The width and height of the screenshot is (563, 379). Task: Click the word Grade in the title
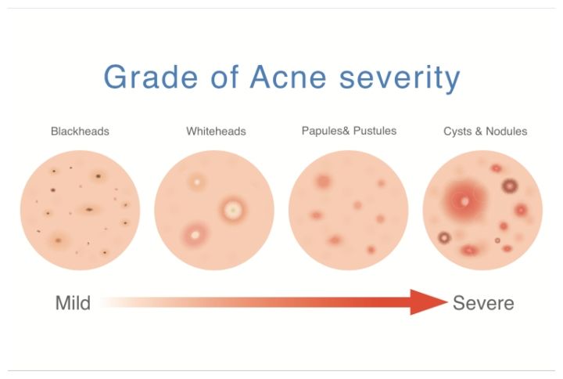click(x=151, y=77)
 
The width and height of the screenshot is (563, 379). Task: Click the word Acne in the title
click(x=288, y=77)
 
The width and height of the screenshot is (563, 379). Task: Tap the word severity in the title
click(x=400, y=79)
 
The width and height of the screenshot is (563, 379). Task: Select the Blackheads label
click(x=80, y=132)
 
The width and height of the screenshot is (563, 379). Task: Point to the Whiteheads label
click(x=216, y=132)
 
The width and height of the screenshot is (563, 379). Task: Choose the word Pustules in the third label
click(x=375, y=131)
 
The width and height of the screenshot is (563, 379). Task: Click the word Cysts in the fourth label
click(x=457, y=132)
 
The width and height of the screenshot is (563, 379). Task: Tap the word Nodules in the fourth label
click(x=506, y=132)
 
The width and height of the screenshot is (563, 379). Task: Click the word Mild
click(x=73, y=303)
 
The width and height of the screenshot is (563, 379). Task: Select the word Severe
click(x=483, y=303)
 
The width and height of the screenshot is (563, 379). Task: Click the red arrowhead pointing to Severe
click(x=429, y=302)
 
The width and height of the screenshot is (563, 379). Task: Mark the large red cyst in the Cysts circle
click(x=464, y=200)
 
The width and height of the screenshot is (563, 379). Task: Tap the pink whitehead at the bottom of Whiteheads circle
click(x=195, y=236)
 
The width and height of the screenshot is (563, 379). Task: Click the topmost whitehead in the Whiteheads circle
click(x=197, y=182)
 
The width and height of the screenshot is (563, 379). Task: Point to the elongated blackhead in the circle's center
click(x=89, y=209)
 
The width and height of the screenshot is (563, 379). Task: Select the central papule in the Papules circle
click(x=357, y=205)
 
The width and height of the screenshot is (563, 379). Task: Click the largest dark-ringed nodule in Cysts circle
click(x=510, y=186)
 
